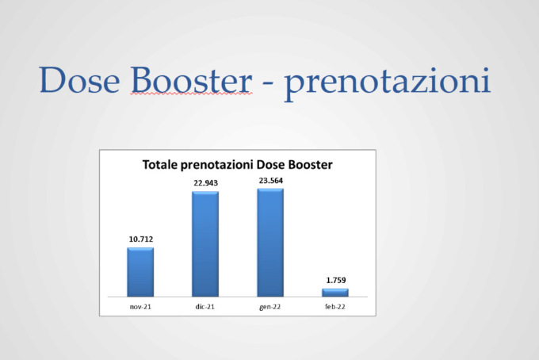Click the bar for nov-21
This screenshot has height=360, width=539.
pos(140,272)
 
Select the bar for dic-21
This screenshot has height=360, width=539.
pos(205,244)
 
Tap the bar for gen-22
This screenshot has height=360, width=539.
pos(270,243)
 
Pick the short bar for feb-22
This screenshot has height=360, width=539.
pos(335,293)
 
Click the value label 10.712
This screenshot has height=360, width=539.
pos(141,239)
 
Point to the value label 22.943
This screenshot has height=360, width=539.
pos(205,183)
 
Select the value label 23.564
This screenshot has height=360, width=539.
pos(271,181)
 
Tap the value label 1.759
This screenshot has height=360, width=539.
pos(336,280)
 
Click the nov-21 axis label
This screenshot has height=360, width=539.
pos(140,307)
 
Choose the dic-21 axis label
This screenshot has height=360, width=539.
pos(205,307)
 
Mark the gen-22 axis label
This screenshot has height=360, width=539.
pos(269,307)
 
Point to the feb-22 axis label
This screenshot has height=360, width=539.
pos(335,307)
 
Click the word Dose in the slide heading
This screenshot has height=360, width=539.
pos(80,80)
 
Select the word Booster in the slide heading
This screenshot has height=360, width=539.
pos(191,80)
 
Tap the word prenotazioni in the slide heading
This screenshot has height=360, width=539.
pos(388,82)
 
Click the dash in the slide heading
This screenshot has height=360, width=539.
pos(268,84)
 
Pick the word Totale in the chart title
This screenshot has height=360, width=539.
pos(160,165)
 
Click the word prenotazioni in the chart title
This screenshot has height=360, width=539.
pos(217,166)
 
